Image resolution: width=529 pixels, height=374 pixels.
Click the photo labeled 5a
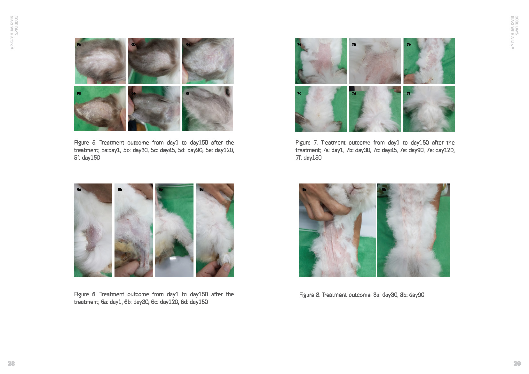coord(100,61)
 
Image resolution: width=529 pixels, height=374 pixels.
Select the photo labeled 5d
coord(100,109)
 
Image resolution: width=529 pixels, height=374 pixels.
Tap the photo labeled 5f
coord(207,109)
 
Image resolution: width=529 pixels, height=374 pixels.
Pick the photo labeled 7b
coord(375,61)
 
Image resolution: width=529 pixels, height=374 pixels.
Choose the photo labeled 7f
coord(429,109)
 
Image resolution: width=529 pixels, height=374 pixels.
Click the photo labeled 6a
coord(93,230)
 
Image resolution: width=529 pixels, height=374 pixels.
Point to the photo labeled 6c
coord(174,230)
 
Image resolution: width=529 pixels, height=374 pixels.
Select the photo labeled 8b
coord(414,230)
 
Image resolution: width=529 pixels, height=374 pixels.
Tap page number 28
coord(11,363)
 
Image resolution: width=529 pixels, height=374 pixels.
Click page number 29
coord(517,363)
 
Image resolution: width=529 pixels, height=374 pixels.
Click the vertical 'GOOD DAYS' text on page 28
coord(16,25)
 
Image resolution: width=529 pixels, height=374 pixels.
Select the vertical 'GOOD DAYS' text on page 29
coord(517,25)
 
